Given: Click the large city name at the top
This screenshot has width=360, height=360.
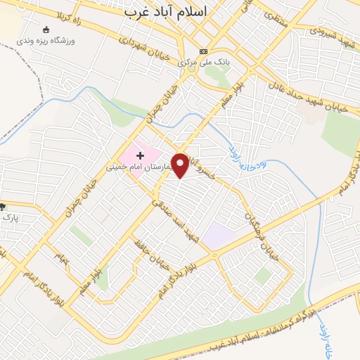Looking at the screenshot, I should point(168,12).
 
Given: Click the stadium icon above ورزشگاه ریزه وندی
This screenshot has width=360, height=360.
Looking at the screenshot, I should point(47,30).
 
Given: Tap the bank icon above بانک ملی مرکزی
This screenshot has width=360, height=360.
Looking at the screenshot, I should point(204,51).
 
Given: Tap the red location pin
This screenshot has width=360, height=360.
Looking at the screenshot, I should point(181,165).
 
